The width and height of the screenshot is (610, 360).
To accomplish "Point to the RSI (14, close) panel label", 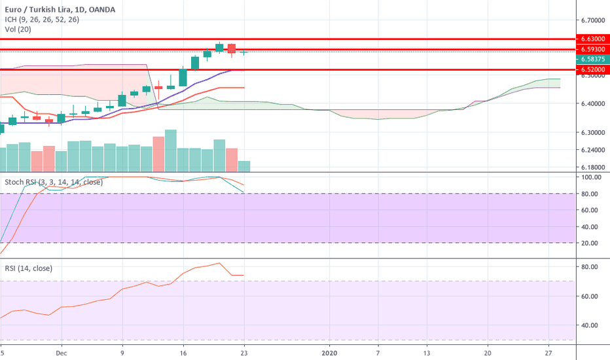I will tap(29, 268).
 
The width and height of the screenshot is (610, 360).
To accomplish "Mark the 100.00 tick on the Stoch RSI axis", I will tap(591, 177).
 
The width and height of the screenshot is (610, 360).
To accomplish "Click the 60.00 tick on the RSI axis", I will tap(591, 296).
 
